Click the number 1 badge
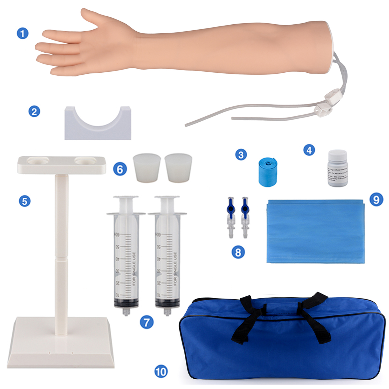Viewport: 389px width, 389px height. (23, 33)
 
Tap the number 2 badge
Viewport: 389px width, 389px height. (34, 112)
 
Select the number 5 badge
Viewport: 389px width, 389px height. (25, 201)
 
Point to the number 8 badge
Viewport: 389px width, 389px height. (238, 252)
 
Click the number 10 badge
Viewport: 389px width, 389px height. (161, 371)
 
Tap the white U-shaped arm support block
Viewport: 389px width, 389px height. (98, 127)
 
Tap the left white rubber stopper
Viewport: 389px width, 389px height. (147, 168)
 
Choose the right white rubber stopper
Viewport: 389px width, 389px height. (178, 168)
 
